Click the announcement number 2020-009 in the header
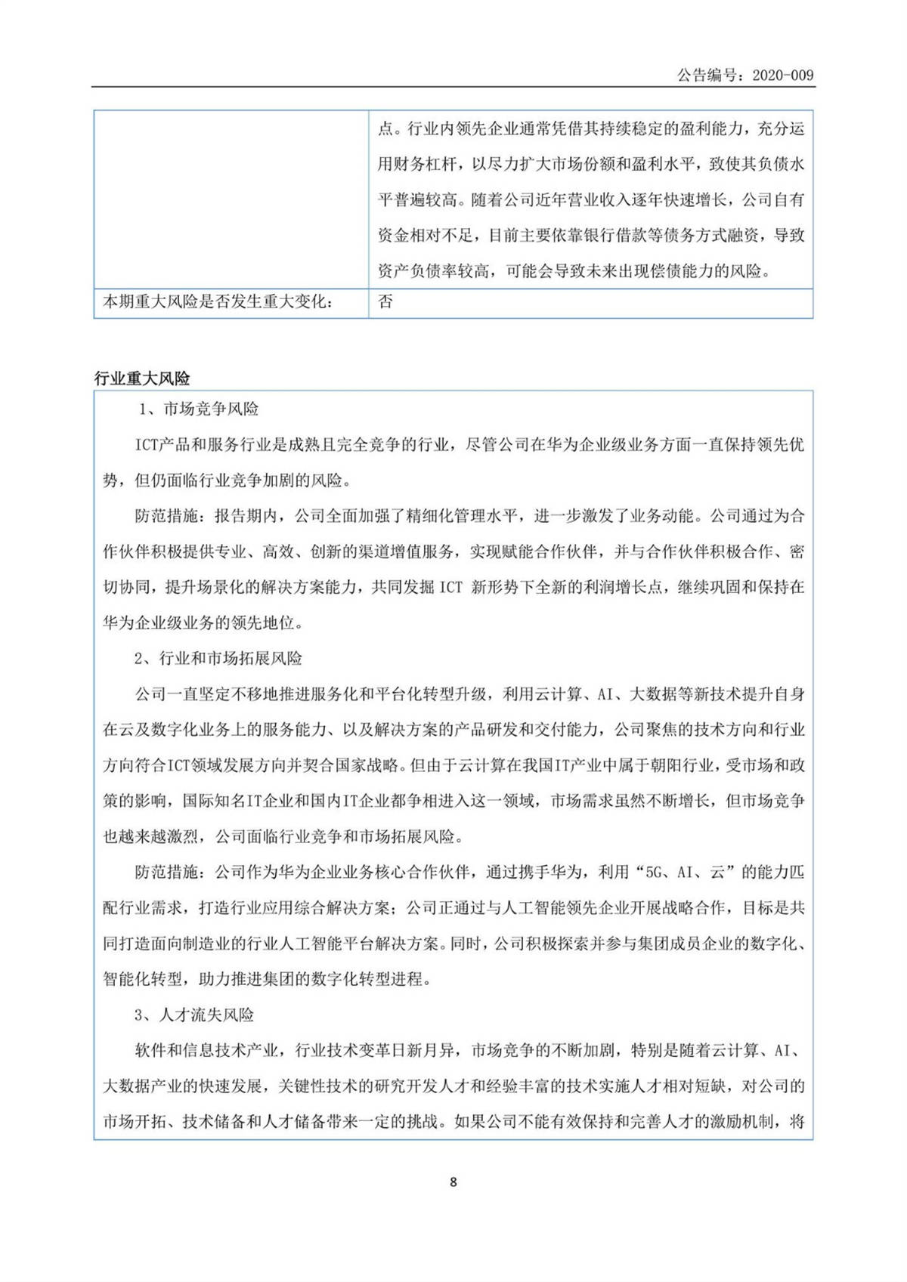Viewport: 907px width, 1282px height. pyautogui.click(x=783, y=75)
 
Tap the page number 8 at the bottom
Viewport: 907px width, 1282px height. pyautogui.click(x=453, y=1182)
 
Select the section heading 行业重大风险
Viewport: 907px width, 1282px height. pyautogui.click(x=142, y=378)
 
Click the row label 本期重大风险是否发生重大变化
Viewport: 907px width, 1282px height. pyautogui.click(x=218, y=301)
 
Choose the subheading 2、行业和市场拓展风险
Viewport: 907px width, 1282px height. pyautogui.click(x=218, y=658)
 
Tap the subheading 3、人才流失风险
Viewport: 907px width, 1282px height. pyautogui.click(x=194, y=1015)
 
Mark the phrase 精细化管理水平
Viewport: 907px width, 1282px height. pyautogui.click(x=465, y=516)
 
